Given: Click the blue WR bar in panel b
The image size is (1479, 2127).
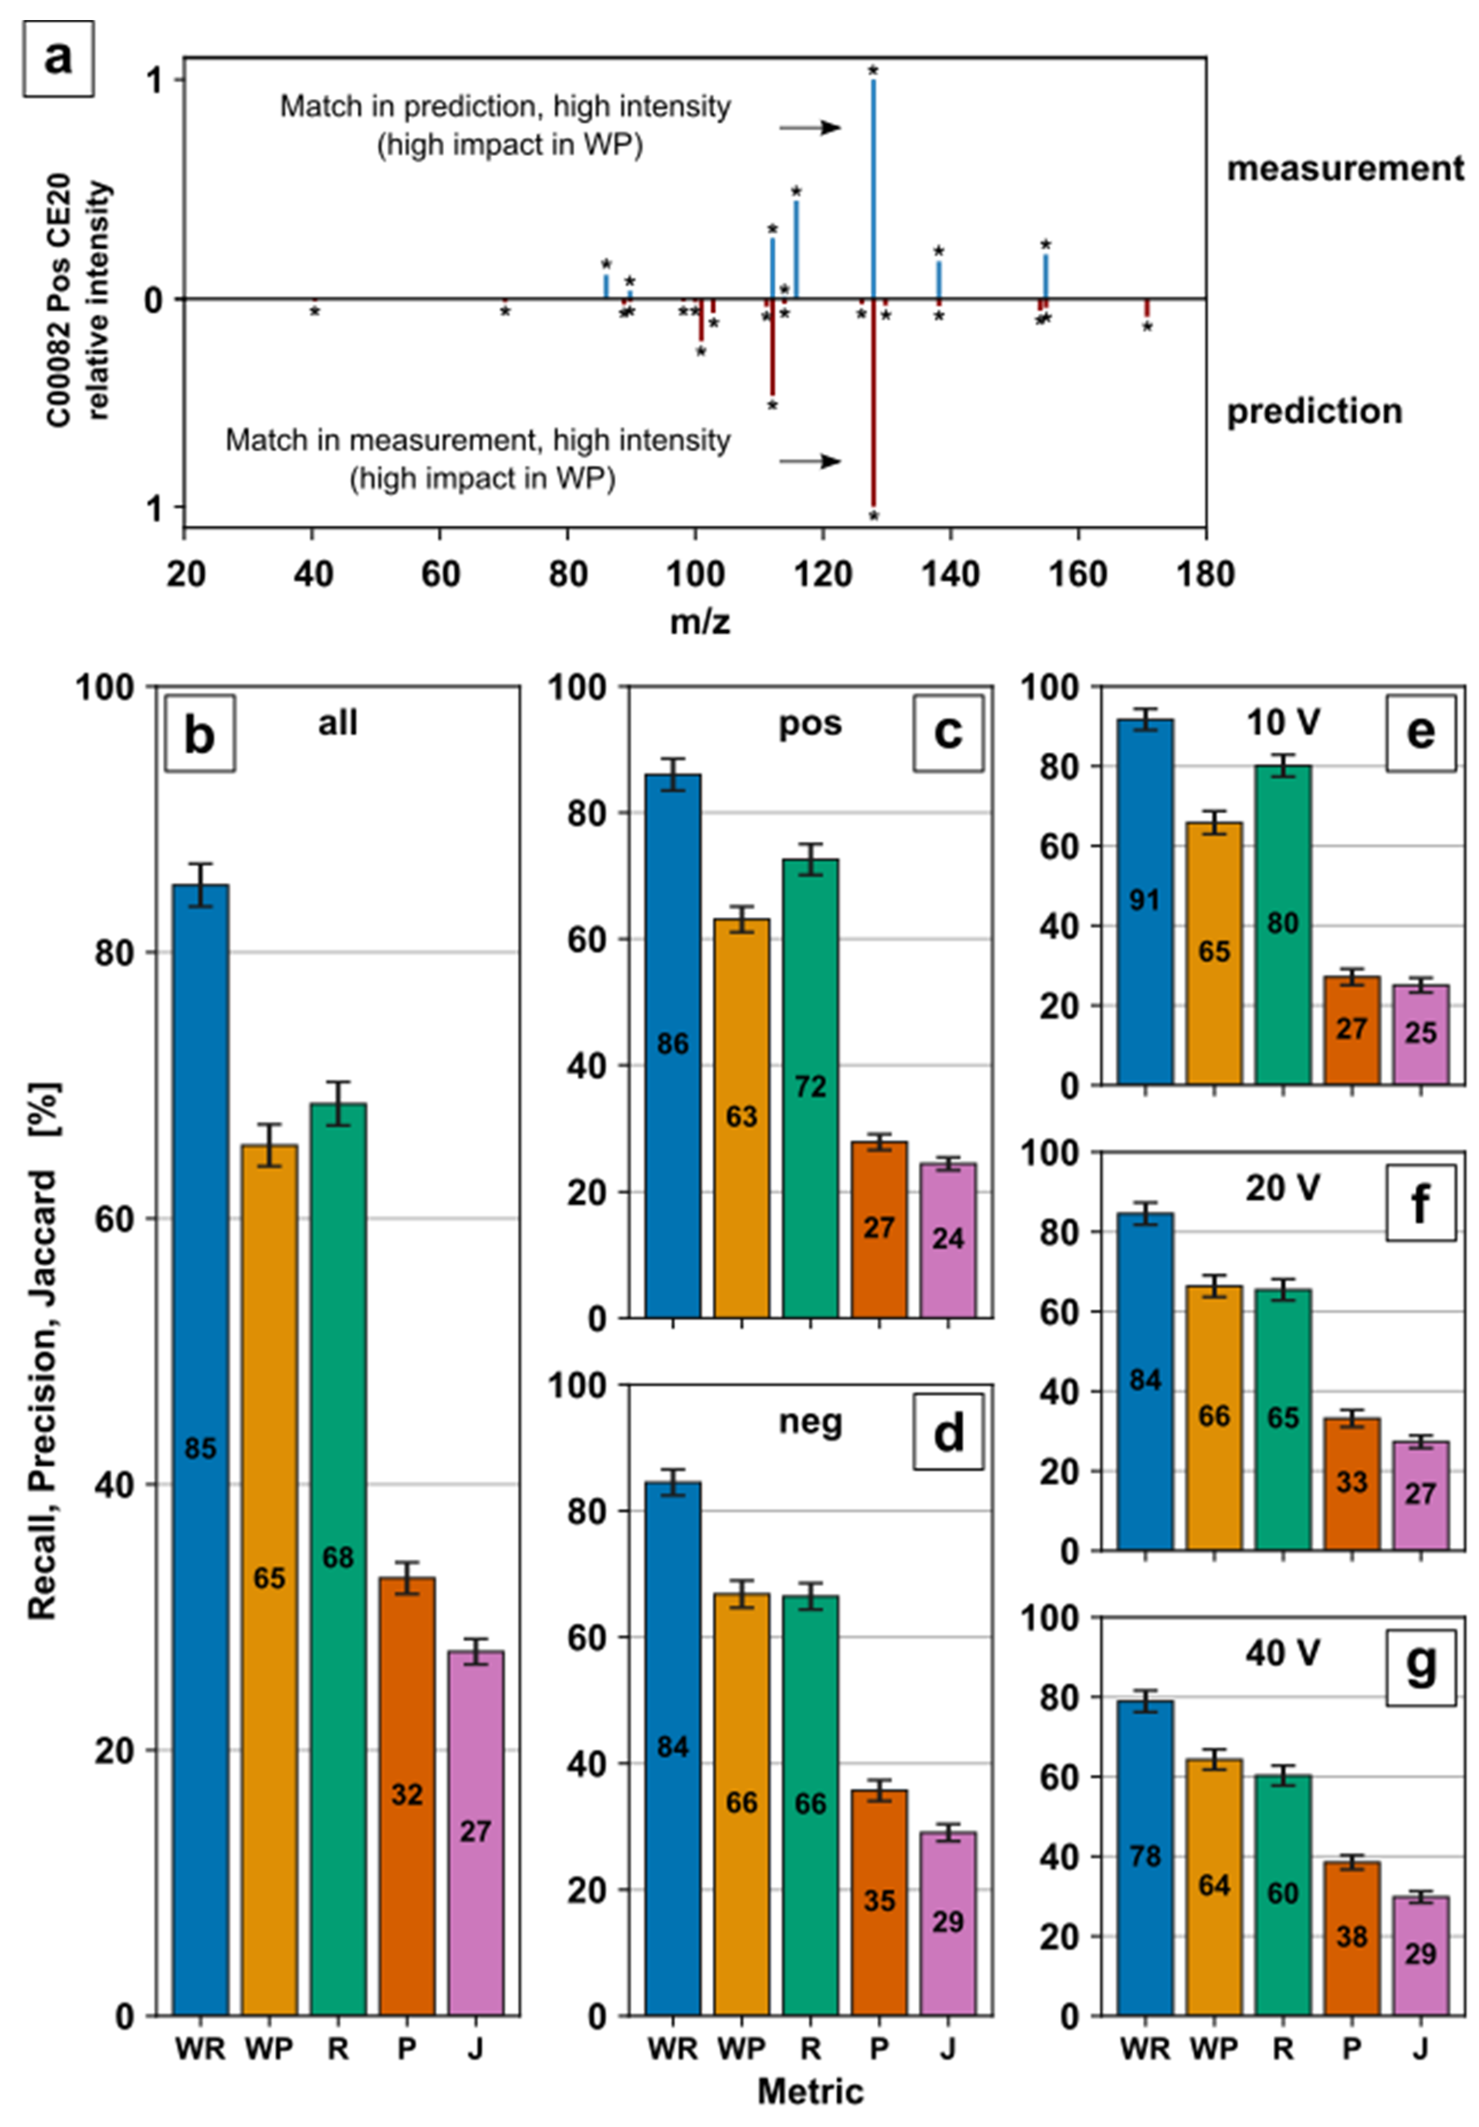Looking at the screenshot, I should coord(200,1445).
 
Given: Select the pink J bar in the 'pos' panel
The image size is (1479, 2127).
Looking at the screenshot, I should coord(948,1241).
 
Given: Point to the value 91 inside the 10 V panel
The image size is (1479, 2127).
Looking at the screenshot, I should coord(1145,899).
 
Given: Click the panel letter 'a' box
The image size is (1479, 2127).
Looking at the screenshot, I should coord(58,58).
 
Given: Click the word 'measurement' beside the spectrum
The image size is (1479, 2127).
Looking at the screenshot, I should coord(1345,169).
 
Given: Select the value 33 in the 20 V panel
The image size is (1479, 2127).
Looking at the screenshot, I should coord(1351,1482).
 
